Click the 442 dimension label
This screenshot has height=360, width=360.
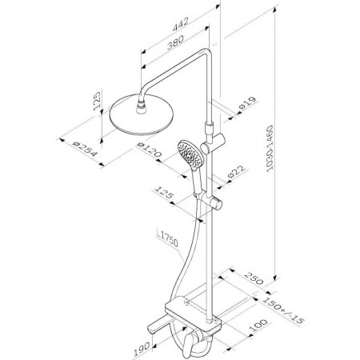coord(181,24)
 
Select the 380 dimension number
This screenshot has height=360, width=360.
coord(175,42)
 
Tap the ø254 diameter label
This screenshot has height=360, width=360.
coord(86,149)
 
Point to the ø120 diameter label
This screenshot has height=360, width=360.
coord(149,150)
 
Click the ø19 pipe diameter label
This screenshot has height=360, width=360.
coord(247,102)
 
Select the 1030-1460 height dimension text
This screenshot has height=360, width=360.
coord(270,148)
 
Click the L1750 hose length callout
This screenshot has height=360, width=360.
coord(167,238)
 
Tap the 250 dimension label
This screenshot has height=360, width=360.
coord(254,278)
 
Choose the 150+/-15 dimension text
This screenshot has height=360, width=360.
coord(283,310)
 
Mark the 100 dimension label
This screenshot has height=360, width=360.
coord(258,326)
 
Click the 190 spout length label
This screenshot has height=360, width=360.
coord(142,349)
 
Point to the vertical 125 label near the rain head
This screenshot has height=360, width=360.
coord(97,101)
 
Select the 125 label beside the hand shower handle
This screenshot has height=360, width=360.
coord(164,193)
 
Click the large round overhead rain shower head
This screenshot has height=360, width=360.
coord(142,115)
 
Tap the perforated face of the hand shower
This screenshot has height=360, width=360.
coord(190,154)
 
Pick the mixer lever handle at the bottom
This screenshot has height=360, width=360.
coord(188,346)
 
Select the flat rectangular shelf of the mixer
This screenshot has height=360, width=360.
coord(193,313)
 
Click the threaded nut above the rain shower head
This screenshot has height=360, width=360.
coord(142,106)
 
